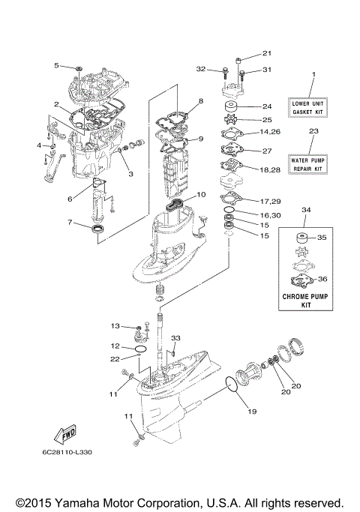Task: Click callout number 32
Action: (x=201, y=69)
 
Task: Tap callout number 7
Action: (x=68, y=223)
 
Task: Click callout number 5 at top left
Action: (x=56, y=66)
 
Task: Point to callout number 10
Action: (x=201, y=194)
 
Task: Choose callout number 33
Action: (x=175, y=337)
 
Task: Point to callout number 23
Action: (x=314, y=131)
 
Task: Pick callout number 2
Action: (x=56, y=104)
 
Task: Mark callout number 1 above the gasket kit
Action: (x=314, y=74)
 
